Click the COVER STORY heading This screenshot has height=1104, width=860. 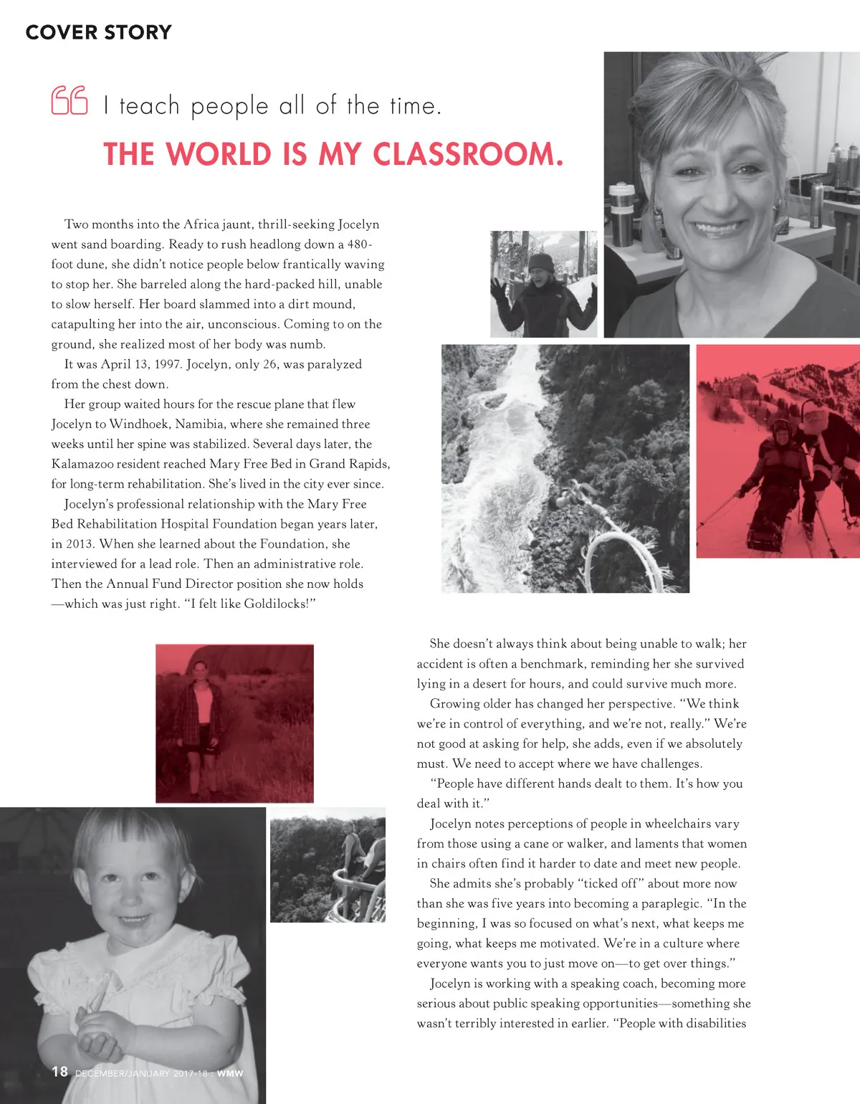pos(99,32)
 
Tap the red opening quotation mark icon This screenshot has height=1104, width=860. pos(70,100)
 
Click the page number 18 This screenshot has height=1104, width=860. pos(59,1072)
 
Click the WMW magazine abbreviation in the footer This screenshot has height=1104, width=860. pos(230,1073)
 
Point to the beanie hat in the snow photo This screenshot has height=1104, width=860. pos(541,261)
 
